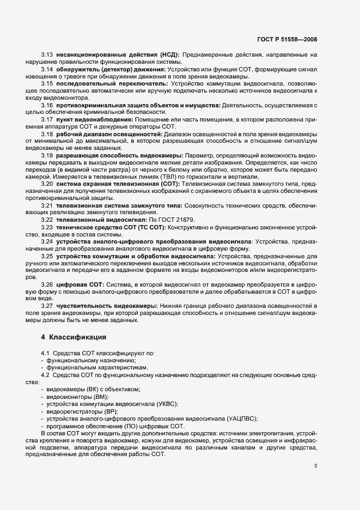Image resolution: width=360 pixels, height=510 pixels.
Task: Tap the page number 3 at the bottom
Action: [315, 465]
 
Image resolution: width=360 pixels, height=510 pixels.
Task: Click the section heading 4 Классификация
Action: [71, 337]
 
